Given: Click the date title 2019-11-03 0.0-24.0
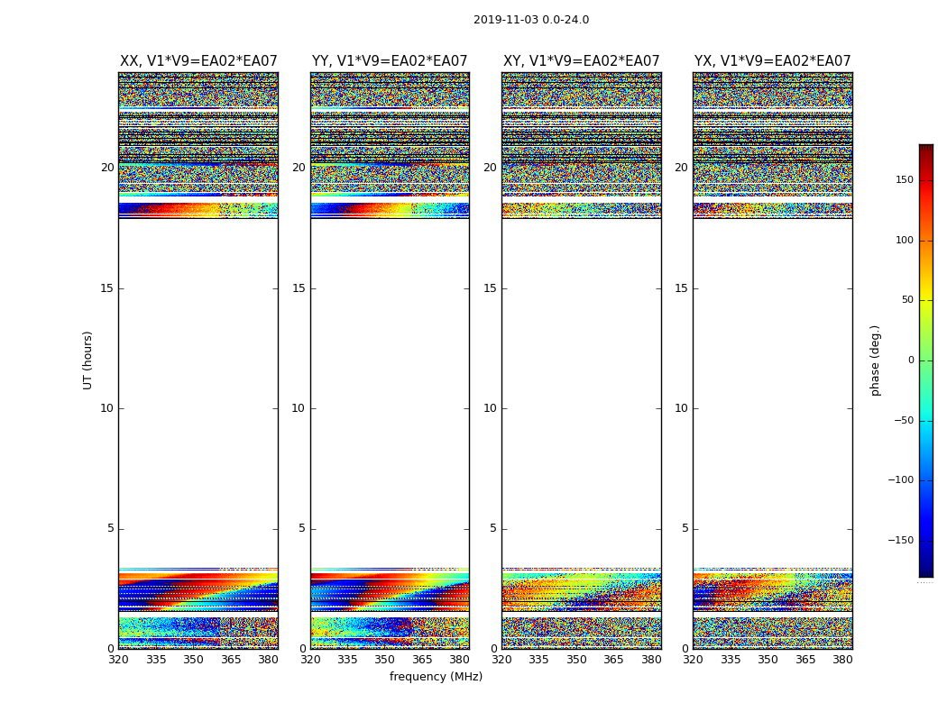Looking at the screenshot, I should point(530,20).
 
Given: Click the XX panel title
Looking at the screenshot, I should point(198,61).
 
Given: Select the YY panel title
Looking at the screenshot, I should point(390,61).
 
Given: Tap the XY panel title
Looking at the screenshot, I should point(581,61).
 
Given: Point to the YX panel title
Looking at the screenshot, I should point(772,61).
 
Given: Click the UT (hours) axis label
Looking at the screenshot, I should point(87,360).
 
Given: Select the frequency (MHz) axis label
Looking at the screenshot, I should point(436,677).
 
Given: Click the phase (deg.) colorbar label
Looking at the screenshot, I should point(875,360).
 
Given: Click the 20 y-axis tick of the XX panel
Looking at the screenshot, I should point(107,168).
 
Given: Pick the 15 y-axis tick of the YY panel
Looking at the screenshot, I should point(299,288).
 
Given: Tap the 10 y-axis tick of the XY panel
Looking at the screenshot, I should point(490,408).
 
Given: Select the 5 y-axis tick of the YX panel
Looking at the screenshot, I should point(685,529).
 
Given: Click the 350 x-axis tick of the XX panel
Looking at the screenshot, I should point(194,660).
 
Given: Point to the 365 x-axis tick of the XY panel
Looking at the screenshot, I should point(613,660).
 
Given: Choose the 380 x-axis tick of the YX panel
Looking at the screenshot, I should point(842,660).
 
